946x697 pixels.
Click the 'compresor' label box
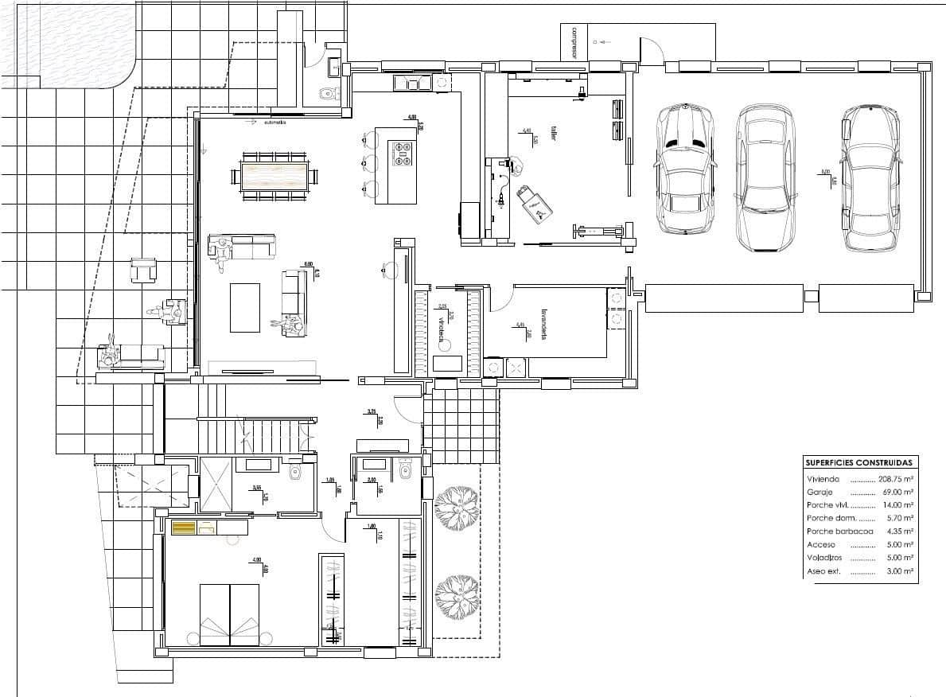[573, 42]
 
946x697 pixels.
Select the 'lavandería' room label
[544, 325]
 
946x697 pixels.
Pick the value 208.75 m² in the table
[894, 480]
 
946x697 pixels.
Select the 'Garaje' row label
[820, 493]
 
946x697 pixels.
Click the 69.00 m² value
[897, 493]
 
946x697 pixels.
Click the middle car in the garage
[765, 178]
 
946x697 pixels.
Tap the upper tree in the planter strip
[456, 507]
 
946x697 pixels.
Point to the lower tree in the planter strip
[457, 593]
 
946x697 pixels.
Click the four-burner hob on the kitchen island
[400, 153]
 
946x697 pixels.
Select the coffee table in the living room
[244, 307]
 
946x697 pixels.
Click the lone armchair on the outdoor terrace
[144, 271]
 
